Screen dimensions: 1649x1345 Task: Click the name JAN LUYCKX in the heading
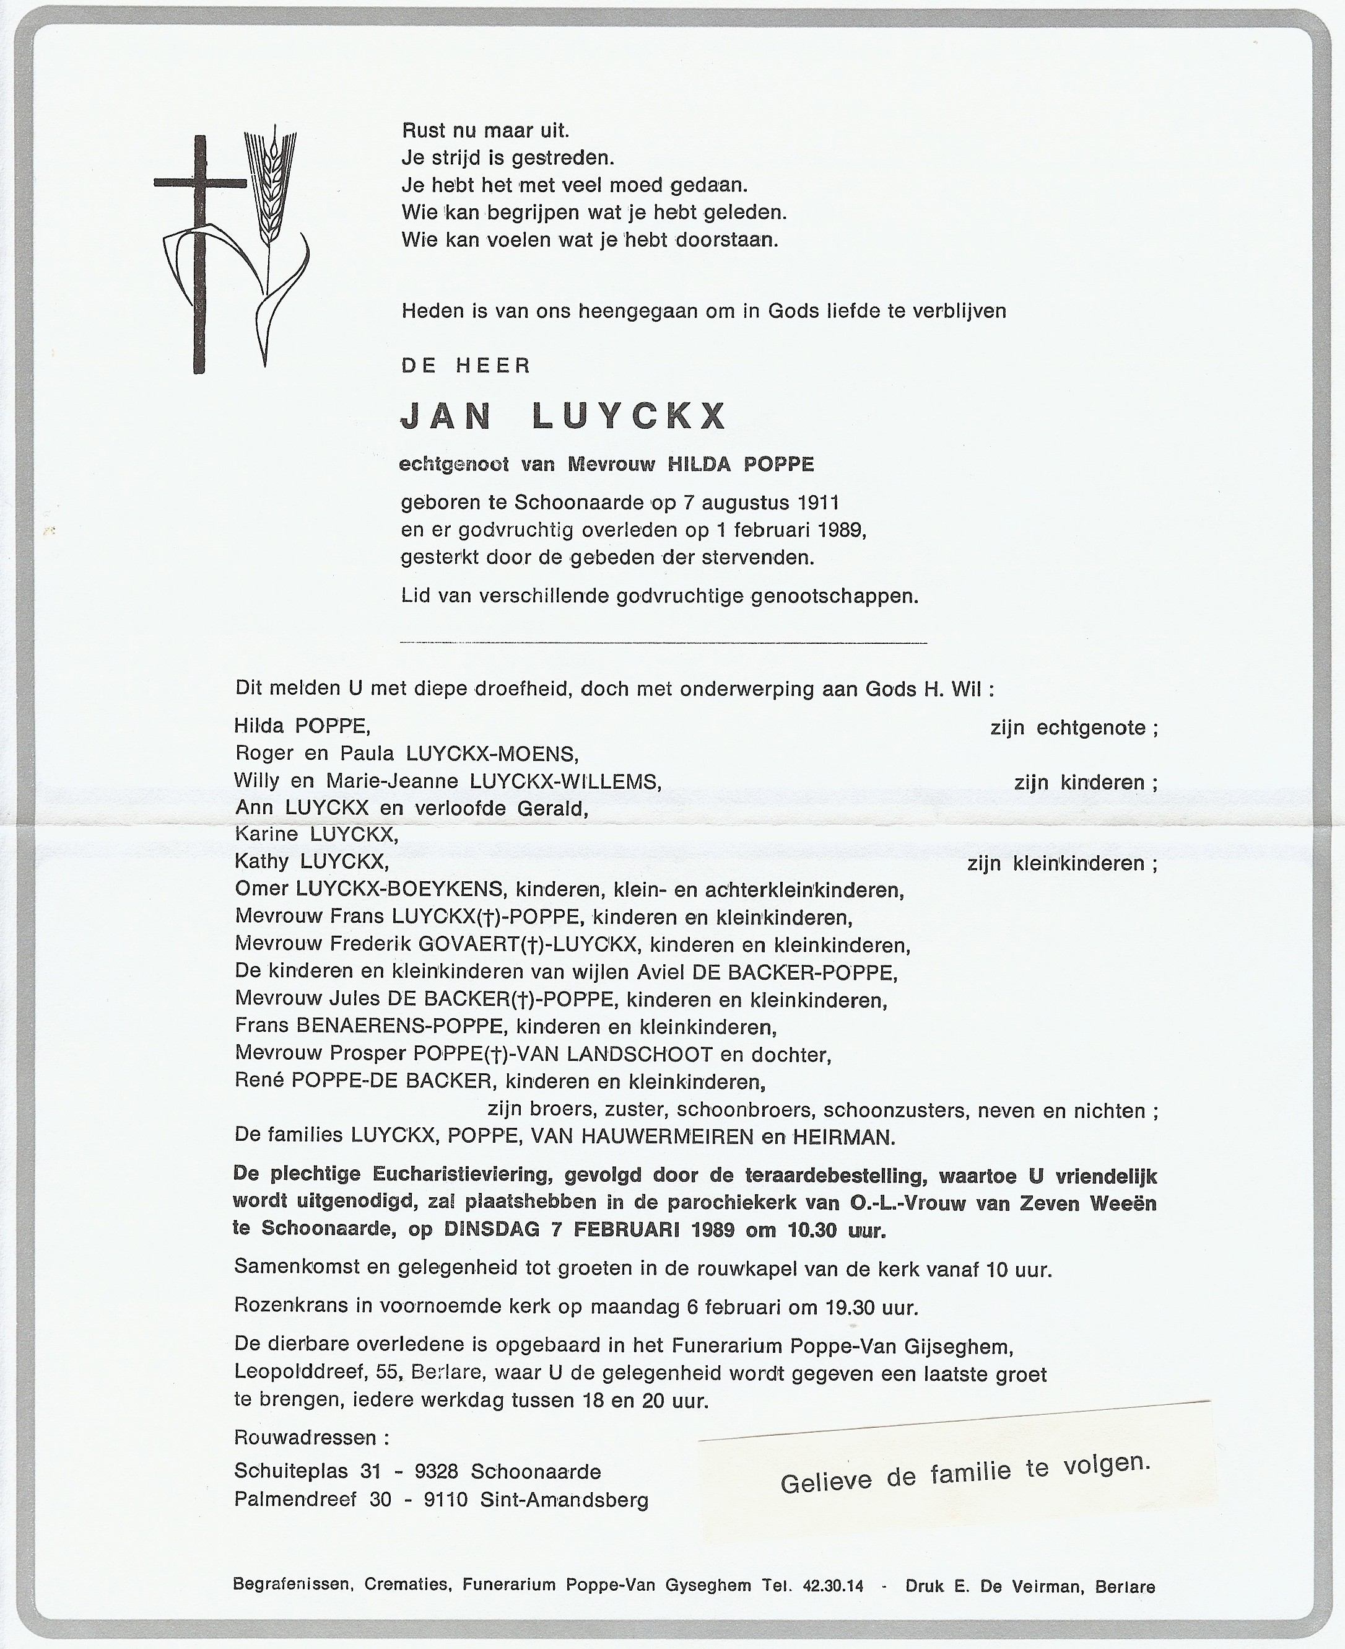point(564,417)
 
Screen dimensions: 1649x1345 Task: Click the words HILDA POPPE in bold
point(741,464)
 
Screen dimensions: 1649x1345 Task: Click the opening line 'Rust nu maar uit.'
point(485,131)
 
